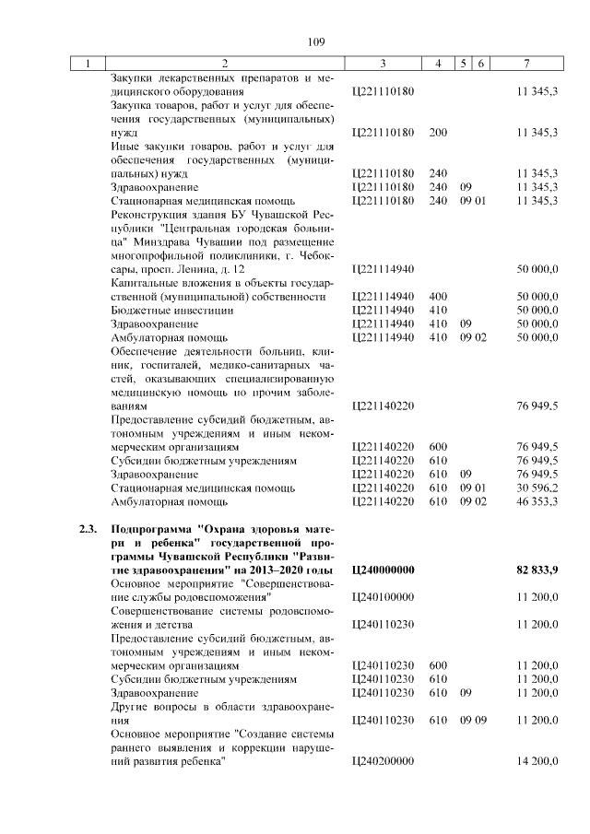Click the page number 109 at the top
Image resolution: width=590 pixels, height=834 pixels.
point(316,41)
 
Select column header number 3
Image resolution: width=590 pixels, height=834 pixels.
point(382,64)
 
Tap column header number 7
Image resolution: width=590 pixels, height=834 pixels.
point(525,64)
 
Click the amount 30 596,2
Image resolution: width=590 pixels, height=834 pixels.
point(538,487)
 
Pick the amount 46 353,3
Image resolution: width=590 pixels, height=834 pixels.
point(538,501)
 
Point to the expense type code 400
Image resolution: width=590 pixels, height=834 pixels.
point(438,297)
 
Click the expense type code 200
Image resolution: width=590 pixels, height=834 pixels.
point(438,133)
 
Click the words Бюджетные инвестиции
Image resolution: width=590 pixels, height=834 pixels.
point(158,311)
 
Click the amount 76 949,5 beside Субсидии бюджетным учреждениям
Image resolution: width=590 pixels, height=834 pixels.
point(538,460)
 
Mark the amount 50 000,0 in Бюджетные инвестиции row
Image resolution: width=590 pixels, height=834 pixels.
point(538,311)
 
